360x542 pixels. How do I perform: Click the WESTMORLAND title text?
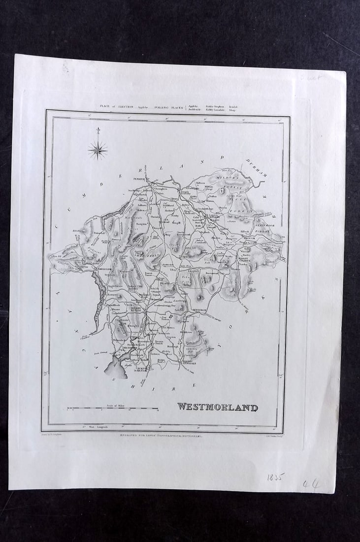pyautogui.click(x=217, y=407)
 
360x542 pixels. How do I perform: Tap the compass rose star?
pyautogui.click(x=98, y=150)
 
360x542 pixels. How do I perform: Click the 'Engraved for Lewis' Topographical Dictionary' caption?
pyautogui.click(x=161, y=436)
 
